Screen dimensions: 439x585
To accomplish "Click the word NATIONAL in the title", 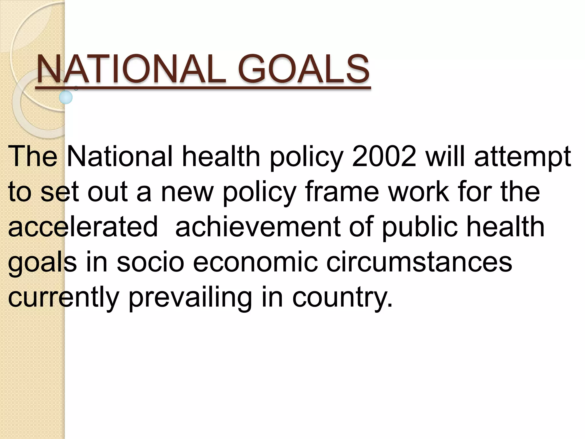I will [x=132, y=69].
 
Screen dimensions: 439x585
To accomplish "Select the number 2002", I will [x=384, y=157].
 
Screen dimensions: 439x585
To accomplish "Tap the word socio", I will [x=150, y=262].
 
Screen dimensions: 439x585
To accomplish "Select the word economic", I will [x=255, y=262].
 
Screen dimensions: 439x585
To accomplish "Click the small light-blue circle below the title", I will [x=66, y=97].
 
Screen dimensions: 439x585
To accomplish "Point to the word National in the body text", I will [x=120, y=157].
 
